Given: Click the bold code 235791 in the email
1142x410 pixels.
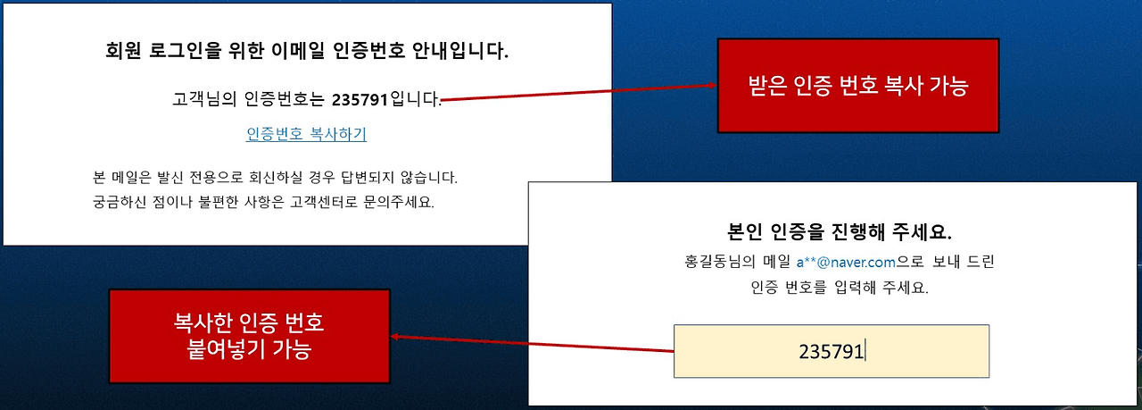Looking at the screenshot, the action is (x=360, y=98).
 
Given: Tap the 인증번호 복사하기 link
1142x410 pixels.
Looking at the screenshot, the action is (x=306, y=134).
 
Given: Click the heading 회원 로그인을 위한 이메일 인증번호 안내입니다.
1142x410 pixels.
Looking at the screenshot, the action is (x=307, y=50).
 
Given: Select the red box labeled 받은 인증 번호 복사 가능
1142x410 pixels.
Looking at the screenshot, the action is (x=858, y=86).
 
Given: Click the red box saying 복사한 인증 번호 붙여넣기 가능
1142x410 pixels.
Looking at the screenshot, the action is (x=249, y=336).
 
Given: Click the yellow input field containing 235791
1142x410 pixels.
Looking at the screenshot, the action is (x=831, y=351).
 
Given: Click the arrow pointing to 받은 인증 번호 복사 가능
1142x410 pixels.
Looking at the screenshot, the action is (x=580, y=93).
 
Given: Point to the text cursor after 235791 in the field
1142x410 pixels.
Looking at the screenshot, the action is (x=865, y=351).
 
